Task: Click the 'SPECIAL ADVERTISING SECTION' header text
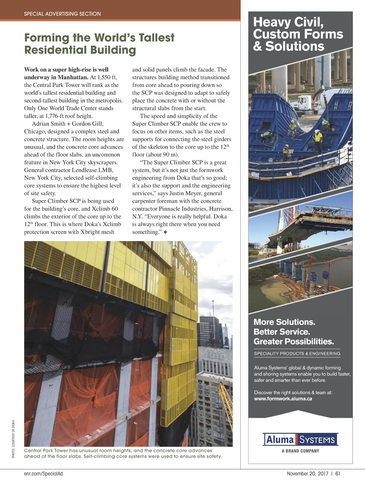[x=62, y=14]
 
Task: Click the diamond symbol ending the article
[x=165, y=232]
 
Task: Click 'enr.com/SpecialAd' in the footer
[x=43, y=474]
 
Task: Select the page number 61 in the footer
[x=338, y=474]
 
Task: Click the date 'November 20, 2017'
[x=308, y=474]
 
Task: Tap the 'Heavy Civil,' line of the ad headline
[x=288, y=22]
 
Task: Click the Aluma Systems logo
[x=300, y=440]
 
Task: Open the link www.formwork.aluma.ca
[x=283, y=399]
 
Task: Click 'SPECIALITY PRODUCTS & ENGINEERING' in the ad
[x=297, y=353]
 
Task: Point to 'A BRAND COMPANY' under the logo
[x=300, y=451]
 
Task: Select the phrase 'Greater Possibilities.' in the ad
[x=294, y=342]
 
